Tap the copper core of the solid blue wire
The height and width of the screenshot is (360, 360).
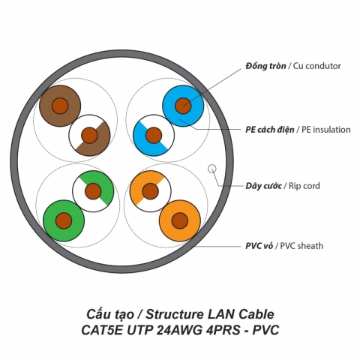(183, 106)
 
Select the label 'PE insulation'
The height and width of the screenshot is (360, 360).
(323, 130)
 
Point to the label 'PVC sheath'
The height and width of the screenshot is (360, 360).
(304, 245)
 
